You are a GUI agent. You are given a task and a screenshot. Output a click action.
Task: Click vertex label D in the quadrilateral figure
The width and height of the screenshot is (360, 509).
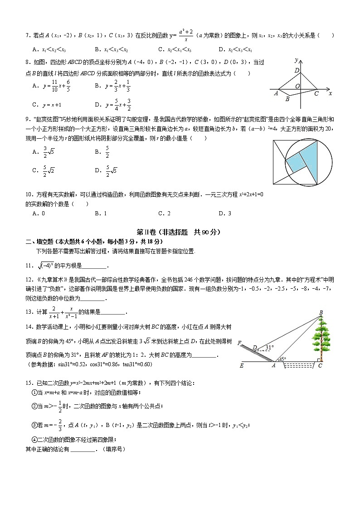297,70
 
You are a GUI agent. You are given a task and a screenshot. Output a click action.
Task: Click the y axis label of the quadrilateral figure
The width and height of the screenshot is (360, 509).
296,60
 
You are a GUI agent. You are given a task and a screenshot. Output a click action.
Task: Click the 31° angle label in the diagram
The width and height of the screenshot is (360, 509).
269,347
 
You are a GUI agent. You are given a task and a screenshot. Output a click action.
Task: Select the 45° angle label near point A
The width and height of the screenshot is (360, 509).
282,359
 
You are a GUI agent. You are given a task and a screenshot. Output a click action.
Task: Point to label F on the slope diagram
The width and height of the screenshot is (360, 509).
239,343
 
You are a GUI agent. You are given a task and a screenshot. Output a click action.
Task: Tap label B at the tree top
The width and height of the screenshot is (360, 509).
321,312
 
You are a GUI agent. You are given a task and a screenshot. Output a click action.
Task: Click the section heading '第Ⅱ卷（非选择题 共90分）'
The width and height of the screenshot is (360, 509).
181,232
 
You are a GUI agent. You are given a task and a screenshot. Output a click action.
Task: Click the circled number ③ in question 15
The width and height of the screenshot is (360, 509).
34,425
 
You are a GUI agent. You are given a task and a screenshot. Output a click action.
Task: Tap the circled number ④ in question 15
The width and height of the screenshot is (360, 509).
34,439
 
